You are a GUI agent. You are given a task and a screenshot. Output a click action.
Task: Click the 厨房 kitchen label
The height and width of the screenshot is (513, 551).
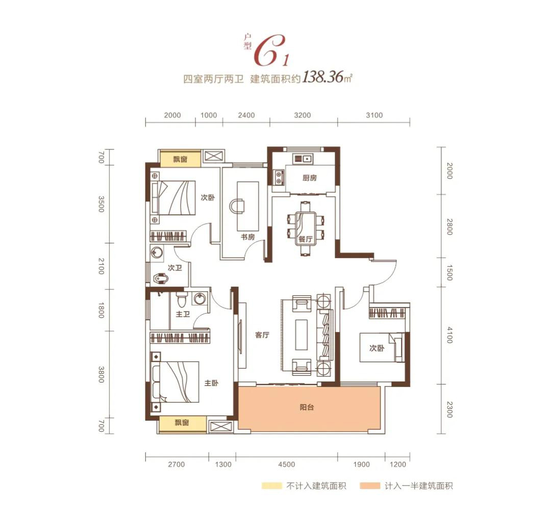[310, 178]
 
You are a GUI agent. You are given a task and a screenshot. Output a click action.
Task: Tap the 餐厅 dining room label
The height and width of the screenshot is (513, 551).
[306, 239]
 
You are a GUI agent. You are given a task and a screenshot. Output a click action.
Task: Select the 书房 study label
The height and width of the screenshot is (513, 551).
[248, 237]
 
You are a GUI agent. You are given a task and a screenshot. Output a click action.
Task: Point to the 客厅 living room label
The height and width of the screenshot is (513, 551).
[262, 335]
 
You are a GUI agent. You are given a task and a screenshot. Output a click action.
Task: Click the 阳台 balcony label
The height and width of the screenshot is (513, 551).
[307, 407]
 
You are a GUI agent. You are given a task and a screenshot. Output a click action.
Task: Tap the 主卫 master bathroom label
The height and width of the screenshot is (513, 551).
[183, 314]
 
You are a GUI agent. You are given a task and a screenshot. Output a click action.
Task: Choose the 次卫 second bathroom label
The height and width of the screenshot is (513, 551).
[174, 268]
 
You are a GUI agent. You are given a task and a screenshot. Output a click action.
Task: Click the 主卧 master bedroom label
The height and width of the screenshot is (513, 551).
[211, 383]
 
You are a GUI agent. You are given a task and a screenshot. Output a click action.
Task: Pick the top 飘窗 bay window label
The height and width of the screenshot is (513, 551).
[180, 160]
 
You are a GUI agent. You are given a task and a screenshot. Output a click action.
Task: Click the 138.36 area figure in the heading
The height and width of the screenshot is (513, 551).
[322, 77]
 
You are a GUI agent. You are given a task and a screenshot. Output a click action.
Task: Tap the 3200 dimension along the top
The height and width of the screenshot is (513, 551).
[303, 115]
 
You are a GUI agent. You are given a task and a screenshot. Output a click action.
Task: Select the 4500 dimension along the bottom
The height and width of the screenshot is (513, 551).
[286, 465]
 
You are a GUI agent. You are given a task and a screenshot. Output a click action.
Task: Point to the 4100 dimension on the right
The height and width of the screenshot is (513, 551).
[449, 335]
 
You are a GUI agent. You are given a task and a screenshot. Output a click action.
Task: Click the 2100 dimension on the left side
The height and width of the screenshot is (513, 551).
[101, 266]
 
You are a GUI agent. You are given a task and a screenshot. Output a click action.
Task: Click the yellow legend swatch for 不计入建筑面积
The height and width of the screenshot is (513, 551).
[271, 486]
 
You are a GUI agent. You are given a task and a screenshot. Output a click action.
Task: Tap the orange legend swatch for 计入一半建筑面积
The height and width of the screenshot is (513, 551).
[370, 486]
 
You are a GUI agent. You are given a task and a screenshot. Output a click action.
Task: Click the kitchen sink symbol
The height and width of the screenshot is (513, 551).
[303, 159]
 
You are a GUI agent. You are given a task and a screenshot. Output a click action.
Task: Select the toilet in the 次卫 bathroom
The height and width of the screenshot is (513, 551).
[161, 278]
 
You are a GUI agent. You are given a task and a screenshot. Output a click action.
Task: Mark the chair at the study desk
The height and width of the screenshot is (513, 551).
[237, 206]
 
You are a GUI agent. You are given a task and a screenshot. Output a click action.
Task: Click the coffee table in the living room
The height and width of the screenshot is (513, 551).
[301, 335]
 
